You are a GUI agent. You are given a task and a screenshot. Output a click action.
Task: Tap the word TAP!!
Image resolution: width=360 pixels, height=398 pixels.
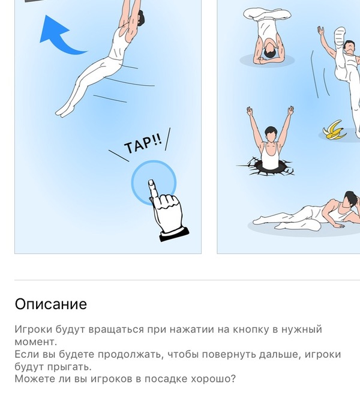click(143, 144)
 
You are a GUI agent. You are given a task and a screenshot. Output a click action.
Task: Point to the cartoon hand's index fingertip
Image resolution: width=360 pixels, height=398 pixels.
click(151, 182)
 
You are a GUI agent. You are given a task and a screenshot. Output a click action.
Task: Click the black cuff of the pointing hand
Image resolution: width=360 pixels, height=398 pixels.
click(175, 235)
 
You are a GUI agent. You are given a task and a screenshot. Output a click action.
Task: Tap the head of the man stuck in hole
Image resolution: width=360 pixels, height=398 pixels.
click(271, 134)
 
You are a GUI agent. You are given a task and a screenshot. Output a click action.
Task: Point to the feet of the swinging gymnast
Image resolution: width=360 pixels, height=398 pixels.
click(65, 111)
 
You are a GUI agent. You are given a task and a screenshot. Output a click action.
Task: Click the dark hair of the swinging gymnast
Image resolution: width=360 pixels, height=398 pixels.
click(141, 17)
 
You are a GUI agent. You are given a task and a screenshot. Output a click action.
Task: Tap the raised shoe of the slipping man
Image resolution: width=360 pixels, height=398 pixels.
click(340, 36)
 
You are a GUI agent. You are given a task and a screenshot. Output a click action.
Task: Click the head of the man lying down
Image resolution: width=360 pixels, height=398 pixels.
click(352, 199)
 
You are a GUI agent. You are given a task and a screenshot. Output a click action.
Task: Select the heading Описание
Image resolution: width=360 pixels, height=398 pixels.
click(51, 304)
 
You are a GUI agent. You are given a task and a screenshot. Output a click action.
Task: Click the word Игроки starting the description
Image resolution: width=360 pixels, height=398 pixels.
click(34, 330)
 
